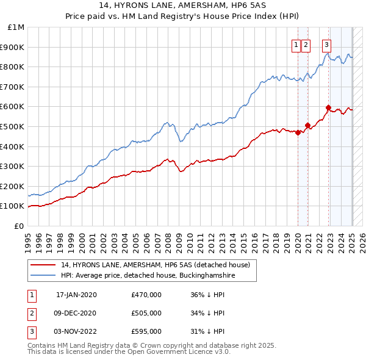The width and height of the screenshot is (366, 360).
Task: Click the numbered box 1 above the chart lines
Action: tap(296, 44)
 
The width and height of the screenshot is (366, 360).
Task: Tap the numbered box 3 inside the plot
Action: tap(327, 44)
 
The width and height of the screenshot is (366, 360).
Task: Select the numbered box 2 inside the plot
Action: tap(305, 44)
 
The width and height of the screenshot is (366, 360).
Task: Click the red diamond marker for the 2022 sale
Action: tap(328, 107)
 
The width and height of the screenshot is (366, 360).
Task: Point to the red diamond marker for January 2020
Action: tap(298, 132)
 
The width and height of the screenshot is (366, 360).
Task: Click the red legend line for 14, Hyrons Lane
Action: tap(43, 265)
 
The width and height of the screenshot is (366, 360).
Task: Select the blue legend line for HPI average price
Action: tap(43, 276)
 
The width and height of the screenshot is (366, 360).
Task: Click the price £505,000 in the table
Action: tap(146, 313)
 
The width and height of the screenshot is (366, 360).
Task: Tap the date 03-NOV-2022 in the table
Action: tap(76, 331)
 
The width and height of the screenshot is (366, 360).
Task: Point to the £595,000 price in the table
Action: tap(146, 331)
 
